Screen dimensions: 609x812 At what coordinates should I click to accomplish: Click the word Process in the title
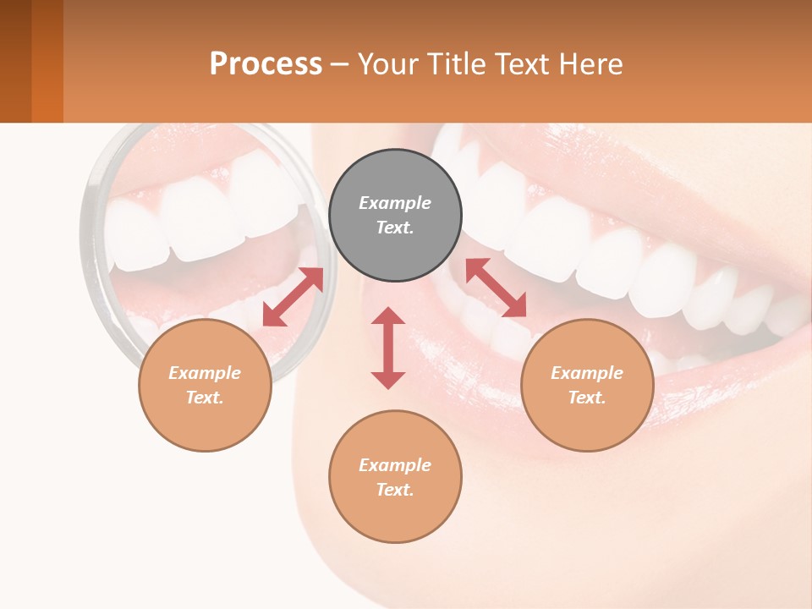[266, 64]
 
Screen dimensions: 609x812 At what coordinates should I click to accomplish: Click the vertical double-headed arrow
[388, 348]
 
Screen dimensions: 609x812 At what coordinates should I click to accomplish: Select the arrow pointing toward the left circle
[293, 297]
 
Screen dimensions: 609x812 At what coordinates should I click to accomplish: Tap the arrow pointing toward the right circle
[497, 288]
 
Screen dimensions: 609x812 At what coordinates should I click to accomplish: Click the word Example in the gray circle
[395, 203]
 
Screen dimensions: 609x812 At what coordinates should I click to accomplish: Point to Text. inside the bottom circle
[395, 490]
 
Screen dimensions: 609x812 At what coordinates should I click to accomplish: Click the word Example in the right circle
[587, 373]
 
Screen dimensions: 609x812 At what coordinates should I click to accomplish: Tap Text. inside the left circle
[205, 398]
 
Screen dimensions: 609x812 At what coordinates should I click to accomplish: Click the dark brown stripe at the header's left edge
[15, 61]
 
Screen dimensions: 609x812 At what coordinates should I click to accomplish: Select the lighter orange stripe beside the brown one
[47, 61]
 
